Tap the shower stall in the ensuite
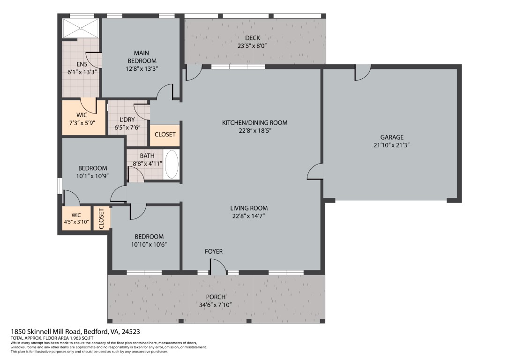point(81,28)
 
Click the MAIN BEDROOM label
point(142,57)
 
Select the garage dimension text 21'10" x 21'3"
point(392,145)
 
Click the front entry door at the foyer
point(217,268)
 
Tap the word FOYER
point(214,252)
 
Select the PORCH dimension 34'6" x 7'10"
point(216,305)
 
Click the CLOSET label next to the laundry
point(165,135)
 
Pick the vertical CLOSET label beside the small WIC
point(101,218)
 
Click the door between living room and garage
point(314,172)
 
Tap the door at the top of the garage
point(363,73)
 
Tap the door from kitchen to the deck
point(193,73)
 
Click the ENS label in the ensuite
point(82,64)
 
